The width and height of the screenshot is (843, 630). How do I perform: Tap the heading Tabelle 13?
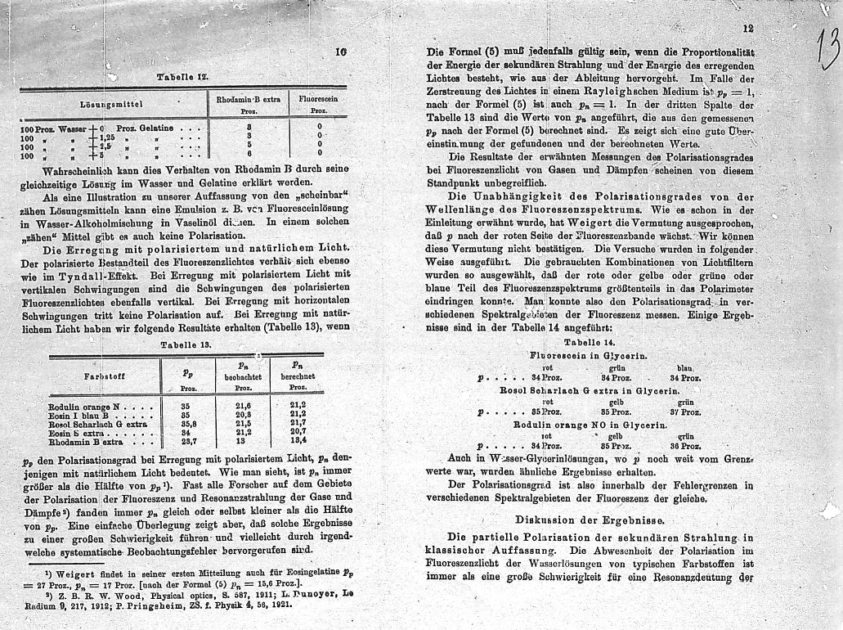[x=187, y=344]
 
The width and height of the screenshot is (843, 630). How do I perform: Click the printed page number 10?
[x=341, y=52]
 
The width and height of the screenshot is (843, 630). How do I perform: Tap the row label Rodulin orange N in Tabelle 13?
[x=84, y=406]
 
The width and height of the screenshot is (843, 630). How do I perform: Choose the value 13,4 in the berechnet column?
[x=298, y=442]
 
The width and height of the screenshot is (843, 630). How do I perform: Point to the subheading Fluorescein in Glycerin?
[x=589, y=357]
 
